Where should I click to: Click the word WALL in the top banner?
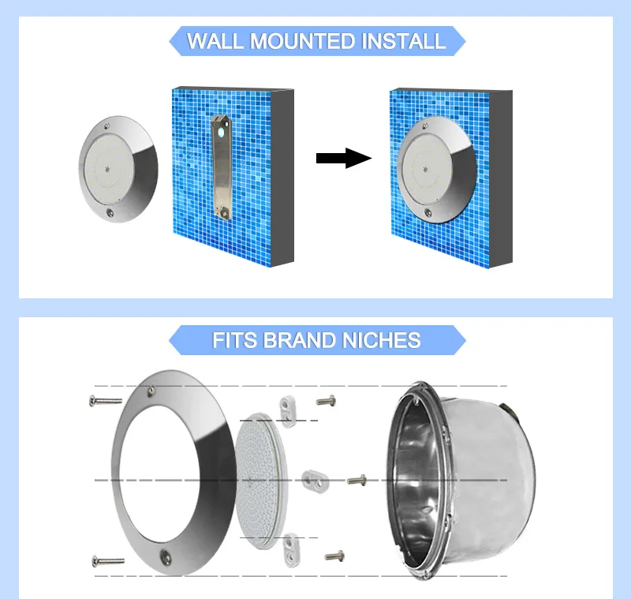(x=215, y=41)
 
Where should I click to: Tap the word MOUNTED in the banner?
(x=302, y=41)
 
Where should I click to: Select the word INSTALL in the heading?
(x=404, y=41)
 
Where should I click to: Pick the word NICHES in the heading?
(x=382, y=340)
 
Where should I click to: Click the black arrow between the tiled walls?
(x=344, y=158)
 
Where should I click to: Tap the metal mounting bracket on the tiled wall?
(x=221, y=167)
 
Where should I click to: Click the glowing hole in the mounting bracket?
(x=221, y=133)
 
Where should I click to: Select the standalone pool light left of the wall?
(x=118, y=169)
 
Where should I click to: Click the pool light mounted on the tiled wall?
(x=437, y=169)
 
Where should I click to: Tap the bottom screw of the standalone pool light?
(x=110, y=212)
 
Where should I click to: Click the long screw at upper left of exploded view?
(x=106, y=401)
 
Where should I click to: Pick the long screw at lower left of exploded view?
(x=108, y=561)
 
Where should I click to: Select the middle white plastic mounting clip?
(x=315, y=481)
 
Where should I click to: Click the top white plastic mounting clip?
(x=289, y=411)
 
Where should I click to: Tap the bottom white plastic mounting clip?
(x=291, y=550)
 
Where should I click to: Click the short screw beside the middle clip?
(x=357, y=480)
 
